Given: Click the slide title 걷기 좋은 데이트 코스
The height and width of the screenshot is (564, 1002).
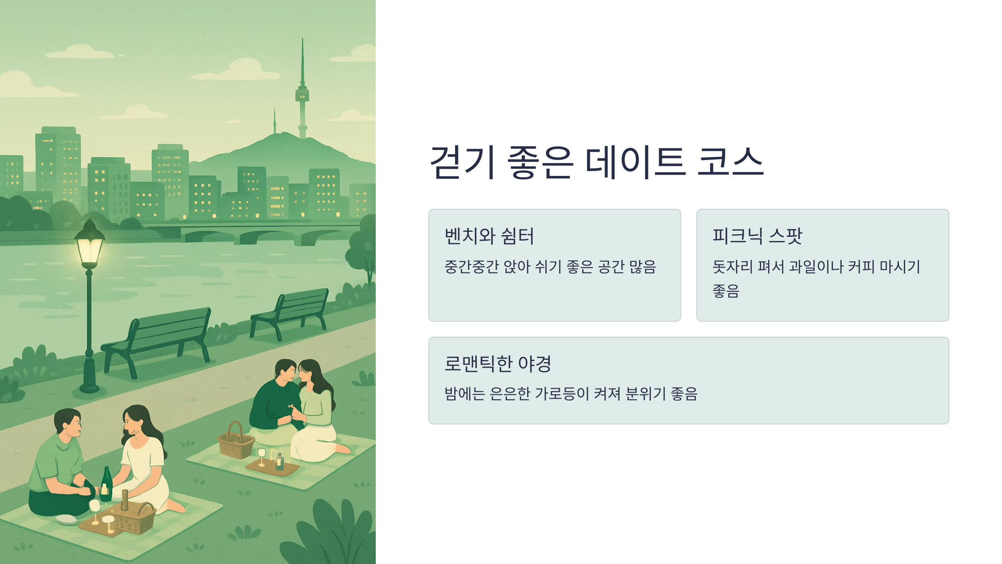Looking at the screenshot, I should [x=597, y=162].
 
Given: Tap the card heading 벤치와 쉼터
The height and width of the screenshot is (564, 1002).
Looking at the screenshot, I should [x=489, y=236].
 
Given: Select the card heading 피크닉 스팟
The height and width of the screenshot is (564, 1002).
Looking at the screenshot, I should [x=757, y=236].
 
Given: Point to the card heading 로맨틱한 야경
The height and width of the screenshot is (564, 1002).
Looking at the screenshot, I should [x=498, y=363].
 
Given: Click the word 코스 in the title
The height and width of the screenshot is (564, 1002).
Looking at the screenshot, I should [x=730, y=162].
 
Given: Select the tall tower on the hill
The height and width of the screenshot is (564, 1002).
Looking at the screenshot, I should [x=302, y=96].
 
